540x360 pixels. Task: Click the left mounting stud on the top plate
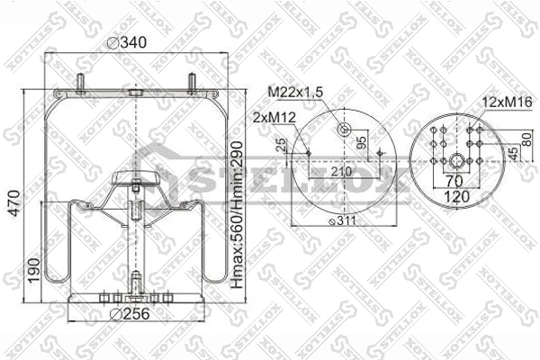tap(80, 83)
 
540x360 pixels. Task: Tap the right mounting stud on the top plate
tap(192, 82)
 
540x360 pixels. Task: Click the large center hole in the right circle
tap(459, 162)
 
